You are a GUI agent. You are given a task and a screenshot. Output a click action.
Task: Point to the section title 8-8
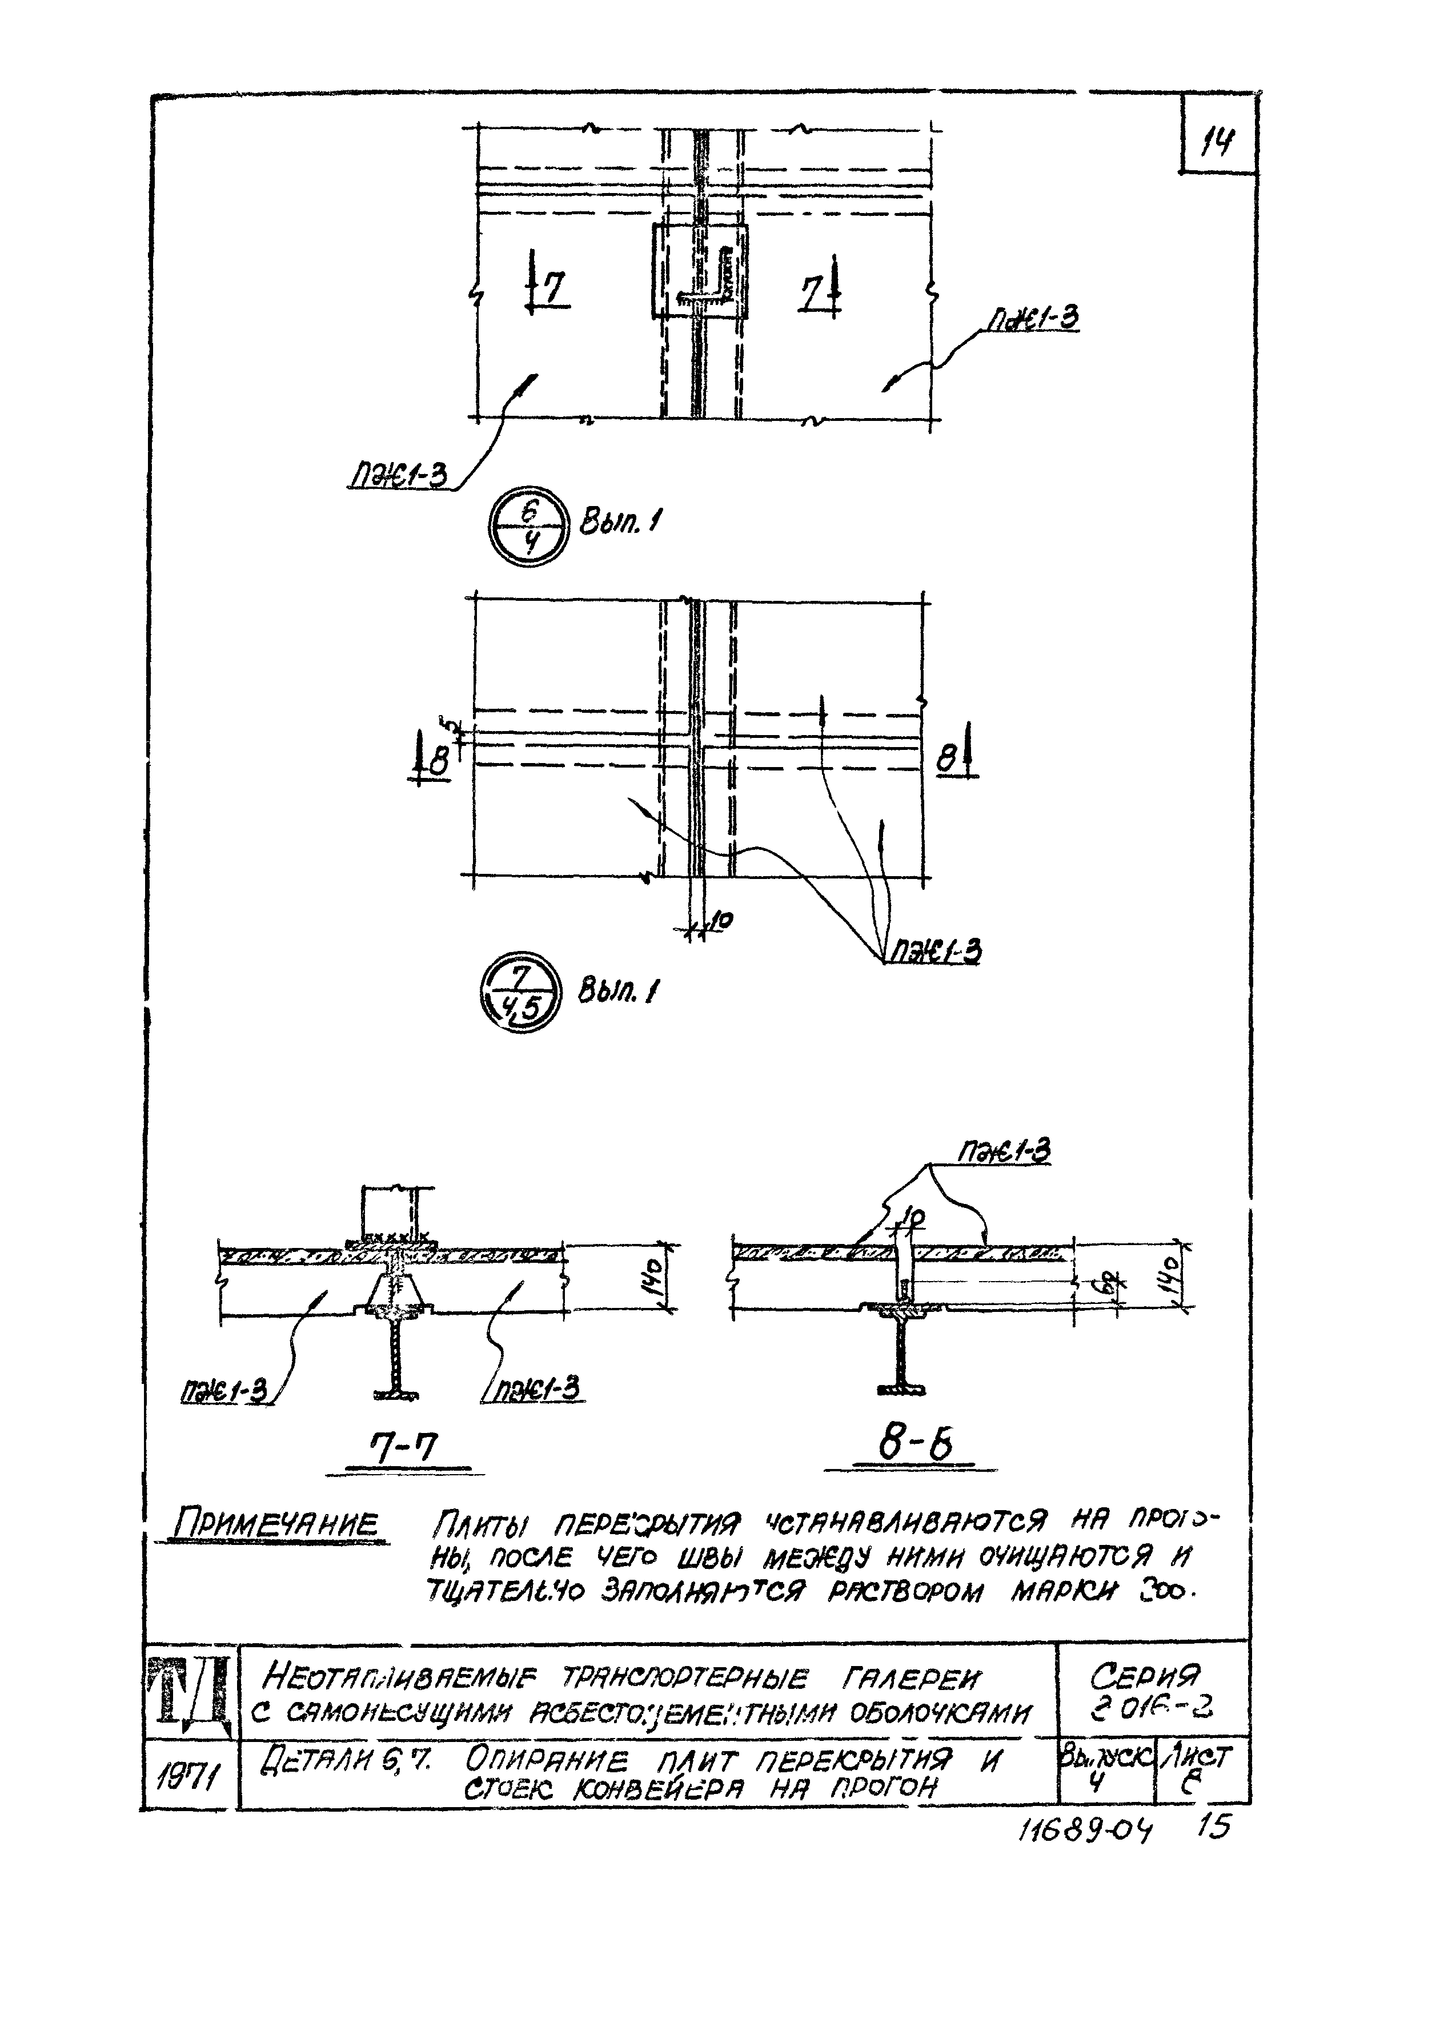coord(913,1443)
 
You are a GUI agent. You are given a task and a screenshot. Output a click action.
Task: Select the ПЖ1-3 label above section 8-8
coord(1004,1153)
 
